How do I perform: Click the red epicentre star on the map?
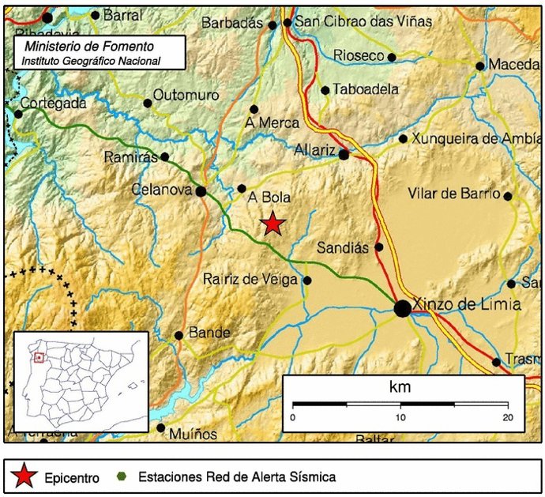coord(272,224)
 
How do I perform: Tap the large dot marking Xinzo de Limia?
coord(402,308)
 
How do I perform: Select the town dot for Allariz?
coord(344,155)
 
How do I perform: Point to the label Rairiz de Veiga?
coord(250,279)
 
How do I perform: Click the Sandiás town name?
coord(343,247)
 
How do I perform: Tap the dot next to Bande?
coord(179,335)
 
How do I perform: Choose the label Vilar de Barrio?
coord(454,194)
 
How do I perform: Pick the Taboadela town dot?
coord(325,90)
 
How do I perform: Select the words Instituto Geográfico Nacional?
coord(91,61)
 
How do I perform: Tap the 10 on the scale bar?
coord(400,417)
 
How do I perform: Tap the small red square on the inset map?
coord(38,357)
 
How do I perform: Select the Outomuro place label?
coord(186,95)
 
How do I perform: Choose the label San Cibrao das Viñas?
coord(363,22)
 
